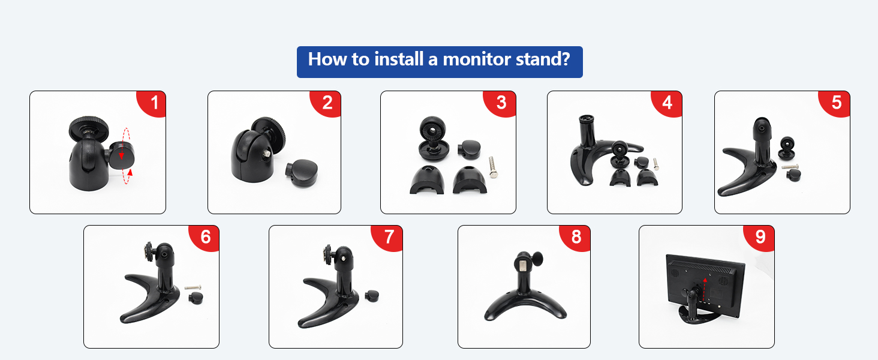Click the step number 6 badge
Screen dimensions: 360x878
point(206,237)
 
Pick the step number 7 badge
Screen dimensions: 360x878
point(389,237)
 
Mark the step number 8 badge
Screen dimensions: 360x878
point(576,237)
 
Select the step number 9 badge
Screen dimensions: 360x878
point(760,237)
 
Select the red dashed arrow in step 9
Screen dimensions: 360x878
point(705,286)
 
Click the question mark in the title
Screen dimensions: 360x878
point(564,59)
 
